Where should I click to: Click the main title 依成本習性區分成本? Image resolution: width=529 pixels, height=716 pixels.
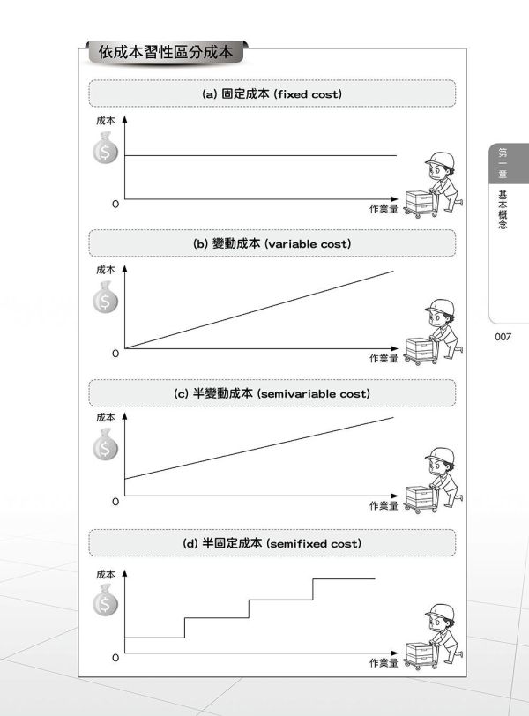(166, 52)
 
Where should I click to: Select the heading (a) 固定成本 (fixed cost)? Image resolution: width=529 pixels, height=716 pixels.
(272, 93)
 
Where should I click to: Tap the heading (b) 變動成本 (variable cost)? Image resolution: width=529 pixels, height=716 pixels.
(272, 242)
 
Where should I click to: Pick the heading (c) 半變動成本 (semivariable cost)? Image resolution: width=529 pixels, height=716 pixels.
(272, 392)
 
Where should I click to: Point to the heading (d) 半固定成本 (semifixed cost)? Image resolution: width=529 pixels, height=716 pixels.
(272, 543)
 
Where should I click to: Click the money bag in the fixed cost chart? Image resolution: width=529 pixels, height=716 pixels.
(106, 149)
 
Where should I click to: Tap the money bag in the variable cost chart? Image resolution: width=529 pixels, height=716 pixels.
(106, 299)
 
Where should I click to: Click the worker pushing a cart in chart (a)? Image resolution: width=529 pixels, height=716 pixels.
(434, 183)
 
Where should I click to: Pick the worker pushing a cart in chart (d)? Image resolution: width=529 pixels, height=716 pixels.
(434, 635)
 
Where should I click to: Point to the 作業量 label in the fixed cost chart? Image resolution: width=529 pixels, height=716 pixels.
(384, 209)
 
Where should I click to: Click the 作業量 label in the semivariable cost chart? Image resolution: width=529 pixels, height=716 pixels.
(384, 506)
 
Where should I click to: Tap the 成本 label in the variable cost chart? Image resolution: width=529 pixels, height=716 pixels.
(106, 269)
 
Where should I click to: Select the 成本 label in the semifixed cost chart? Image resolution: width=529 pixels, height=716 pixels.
(106, 574)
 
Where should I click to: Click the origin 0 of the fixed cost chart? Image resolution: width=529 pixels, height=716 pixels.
(115, 204)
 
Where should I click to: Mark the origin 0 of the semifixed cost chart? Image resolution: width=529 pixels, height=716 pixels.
(115, 658)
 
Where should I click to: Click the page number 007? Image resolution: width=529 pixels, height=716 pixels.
(503, 336)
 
